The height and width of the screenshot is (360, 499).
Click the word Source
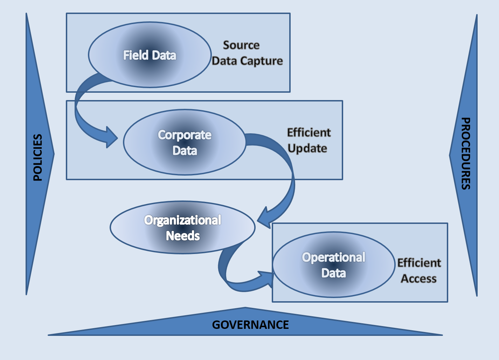coord(241,45)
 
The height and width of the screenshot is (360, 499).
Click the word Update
coord(307,148)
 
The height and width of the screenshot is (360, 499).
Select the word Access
coord(418,278)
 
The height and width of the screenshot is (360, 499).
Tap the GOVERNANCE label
coord(250,325)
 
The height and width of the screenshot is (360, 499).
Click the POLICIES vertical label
coord(37,157)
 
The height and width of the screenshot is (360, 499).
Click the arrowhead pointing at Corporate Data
coord(112,137)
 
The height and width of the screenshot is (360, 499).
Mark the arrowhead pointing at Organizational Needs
coord(263,219)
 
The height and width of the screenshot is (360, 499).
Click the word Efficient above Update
coord(309,133)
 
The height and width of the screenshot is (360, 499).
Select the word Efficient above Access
coord(419,263)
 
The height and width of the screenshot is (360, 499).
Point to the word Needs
coord(183,236)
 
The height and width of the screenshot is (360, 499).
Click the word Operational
coord(334,257)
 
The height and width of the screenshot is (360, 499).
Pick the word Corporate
coord(185,135)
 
